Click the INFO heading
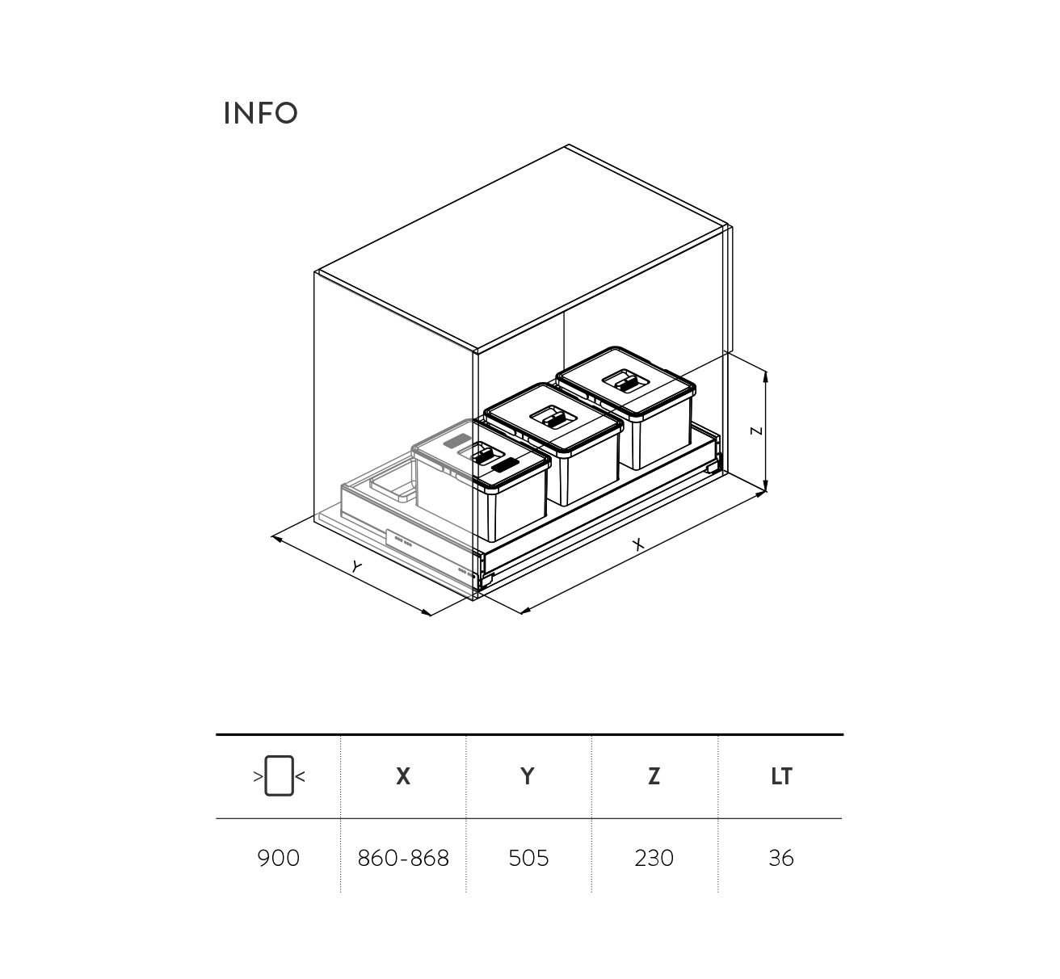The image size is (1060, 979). tap(260, 112)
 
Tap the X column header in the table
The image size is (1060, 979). tap(403, 776)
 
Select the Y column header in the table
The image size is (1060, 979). tap(528, 776)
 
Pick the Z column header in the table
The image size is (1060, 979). tap(654, 776)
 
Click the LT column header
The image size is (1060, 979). tap(781, 776)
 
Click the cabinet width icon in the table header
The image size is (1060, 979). tap(280, 775)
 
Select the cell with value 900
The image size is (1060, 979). tap(278, 859)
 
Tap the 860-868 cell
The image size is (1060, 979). tap(403, 859)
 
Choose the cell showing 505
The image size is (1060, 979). tap(528, 859)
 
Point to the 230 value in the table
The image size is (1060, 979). tap(654, 859)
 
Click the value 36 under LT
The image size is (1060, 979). tap(780, 859)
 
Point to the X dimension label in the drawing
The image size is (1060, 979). tap(637, 544)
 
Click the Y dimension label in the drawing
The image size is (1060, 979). tap(356, 567)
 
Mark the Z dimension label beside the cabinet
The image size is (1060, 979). tap(756, 431)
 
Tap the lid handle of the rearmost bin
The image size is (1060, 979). tap(627, 382)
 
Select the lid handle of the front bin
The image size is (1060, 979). tap(484, 456)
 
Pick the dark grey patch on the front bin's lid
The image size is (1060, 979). tap(505, 465)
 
